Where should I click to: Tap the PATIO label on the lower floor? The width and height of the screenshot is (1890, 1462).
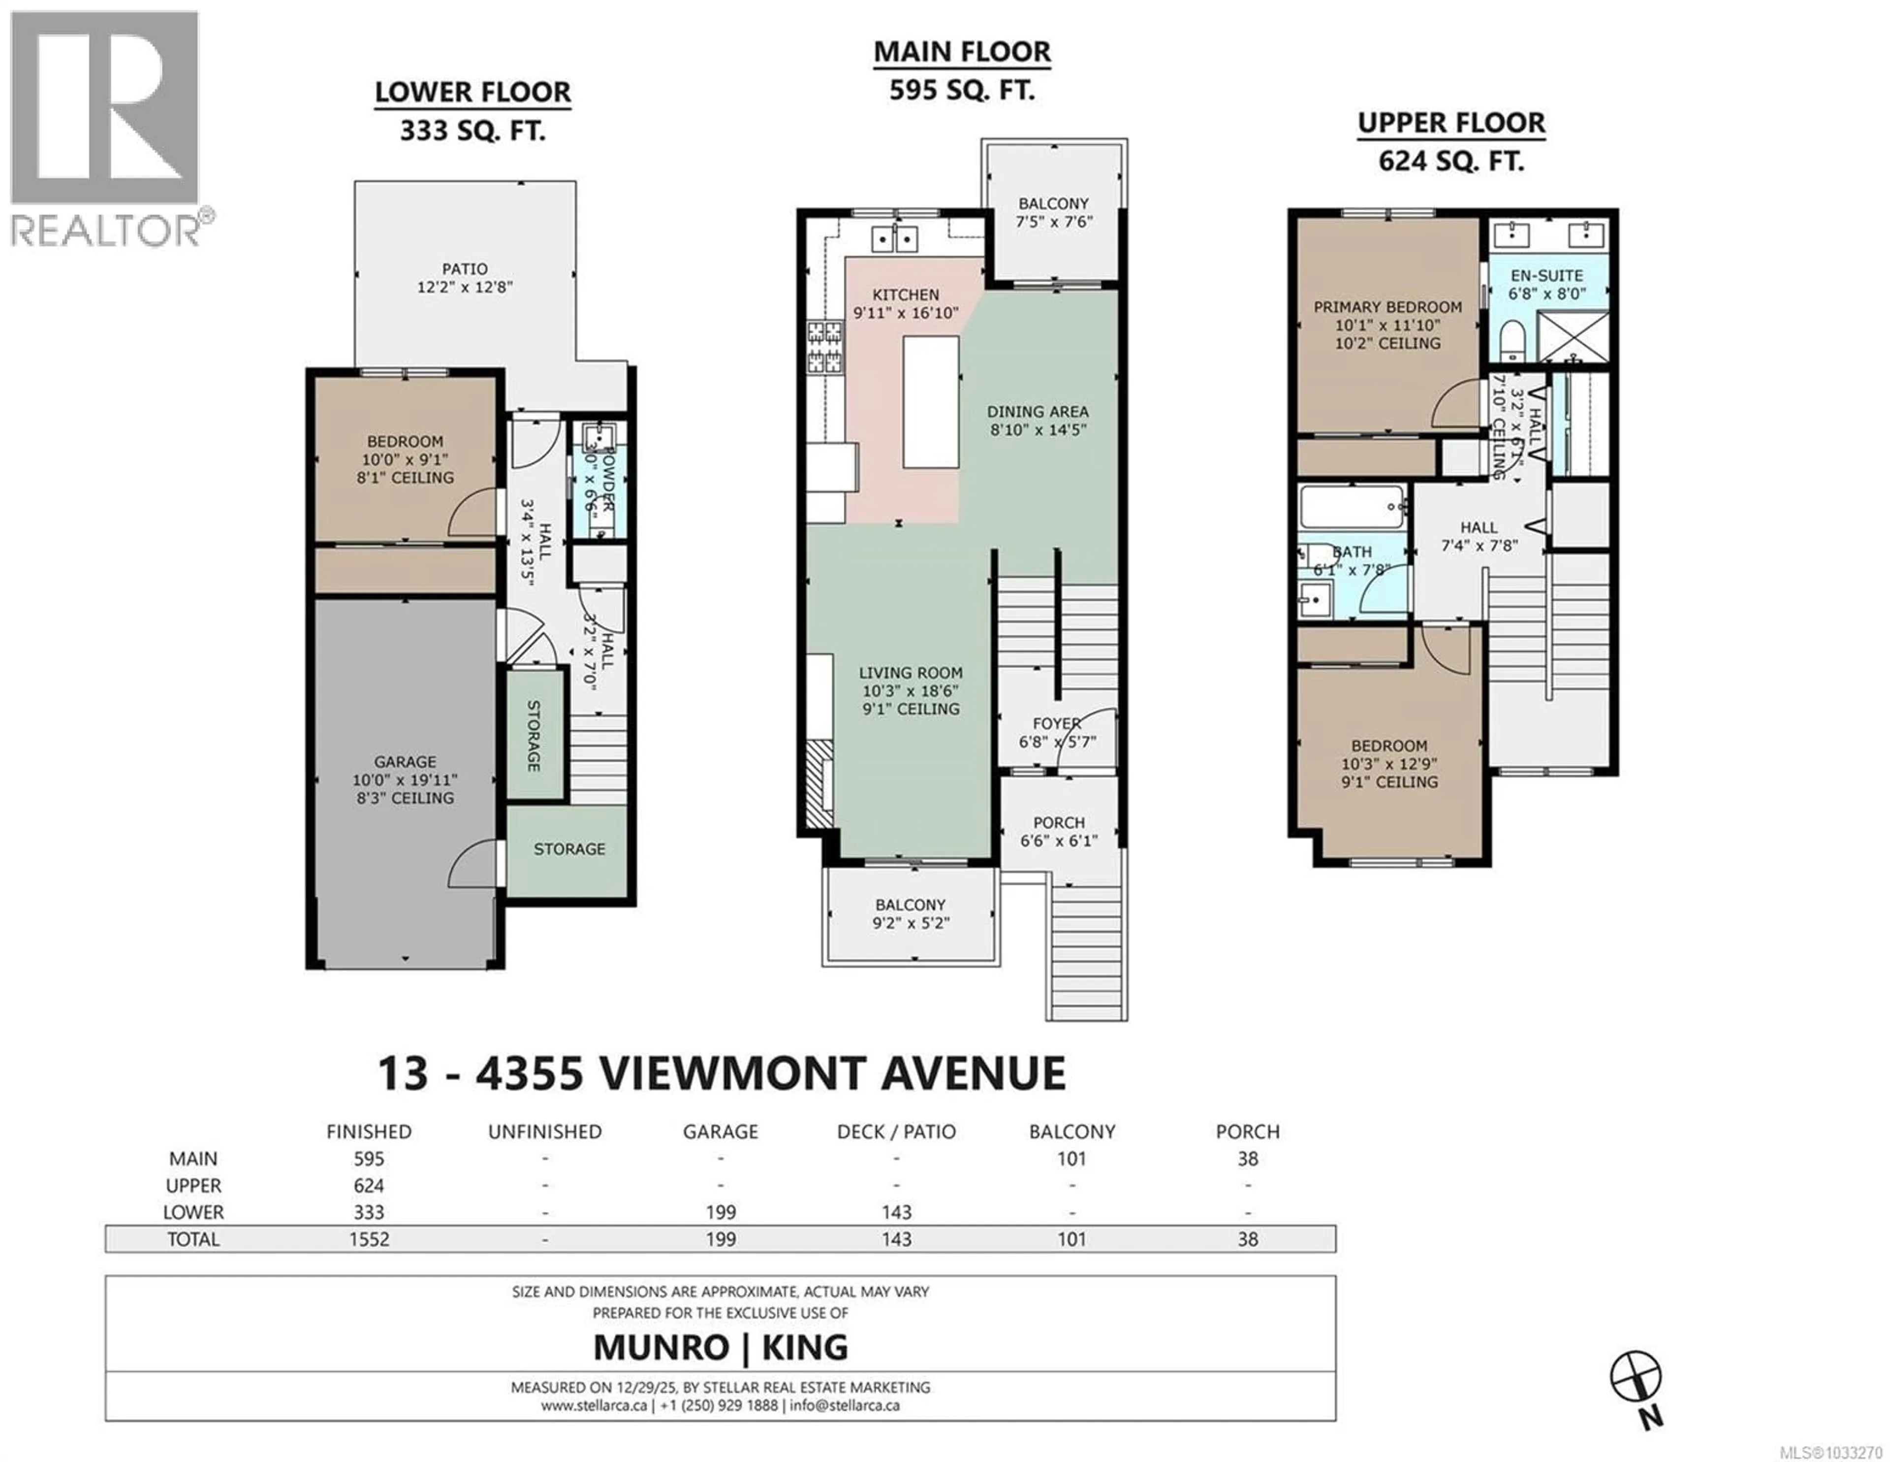465,269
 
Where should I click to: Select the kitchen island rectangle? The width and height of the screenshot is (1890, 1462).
930,402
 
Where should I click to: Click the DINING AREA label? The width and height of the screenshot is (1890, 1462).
1038,412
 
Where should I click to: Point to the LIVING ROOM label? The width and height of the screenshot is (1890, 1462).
911,673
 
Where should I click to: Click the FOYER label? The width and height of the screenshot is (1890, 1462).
1057,724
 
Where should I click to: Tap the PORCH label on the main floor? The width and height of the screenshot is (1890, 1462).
1058,822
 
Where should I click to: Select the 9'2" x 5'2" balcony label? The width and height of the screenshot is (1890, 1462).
911,913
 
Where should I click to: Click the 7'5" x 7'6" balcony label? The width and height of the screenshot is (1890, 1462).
1053,212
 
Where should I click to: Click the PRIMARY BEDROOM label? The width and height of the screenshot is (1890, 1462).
1387,307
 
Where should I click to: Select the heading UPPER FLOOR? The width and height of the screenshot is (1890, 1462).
1451,123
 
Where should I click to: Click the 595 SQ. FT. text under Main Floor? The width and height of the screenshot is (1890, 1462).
961,90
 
